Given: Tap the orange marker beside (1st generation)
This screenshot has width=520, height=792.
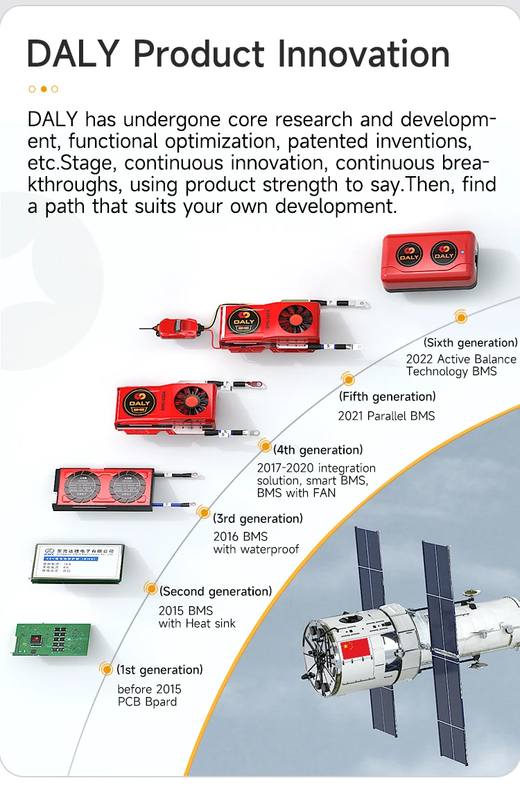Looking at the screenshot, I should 106,669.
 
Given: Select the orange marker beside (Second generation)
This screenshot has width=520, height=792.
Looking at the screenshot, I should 150,589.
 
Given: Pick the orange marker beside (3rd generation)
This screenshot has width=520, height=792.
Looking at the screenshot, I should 204,513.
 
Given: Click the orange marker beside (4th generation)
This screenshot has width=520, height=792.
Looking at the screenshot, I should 264,445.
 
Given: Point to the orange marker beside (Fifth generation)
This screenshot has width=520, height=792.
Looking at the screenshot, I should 348,379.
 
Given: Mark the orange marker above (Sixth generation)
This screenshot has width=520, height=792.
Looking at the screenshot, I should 460,318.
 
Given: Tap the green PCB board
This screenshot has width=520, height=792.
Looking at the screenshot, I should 52,638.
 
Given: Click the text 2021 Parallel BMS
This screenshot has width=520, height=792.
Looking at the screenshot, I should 385,416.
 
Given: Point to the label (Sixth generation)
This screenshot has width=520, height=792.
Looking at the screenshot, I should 470,343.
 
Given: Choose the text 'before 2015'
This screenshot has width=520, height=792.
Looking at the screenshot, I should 149,689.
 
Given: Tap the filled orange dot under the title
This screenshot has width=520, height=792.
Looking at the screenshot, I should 43,89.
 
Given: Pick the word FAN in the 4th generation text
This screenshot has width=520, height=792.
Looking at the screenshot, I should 323,493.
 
